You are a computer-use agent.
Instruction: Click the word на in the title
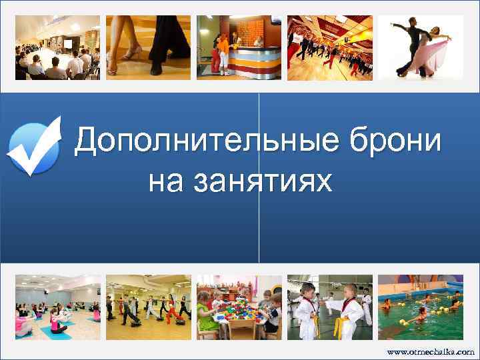tap(165, 180)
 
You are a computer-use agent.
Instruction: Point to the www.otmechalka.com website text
tap(431, 351)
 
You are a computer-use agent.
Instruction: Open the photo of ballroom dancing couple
tap(421, 47)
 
